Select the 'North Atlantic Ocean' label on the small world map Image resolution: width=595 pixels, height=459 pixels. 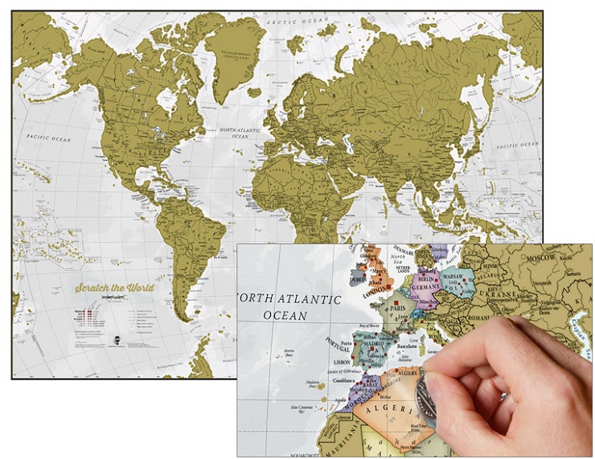coord(240,133)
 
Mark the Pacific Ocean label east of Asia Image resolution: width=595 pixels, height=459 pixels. coord(518,145)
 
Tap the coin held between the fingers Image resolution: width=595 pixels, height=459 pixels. coord(428,395)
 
